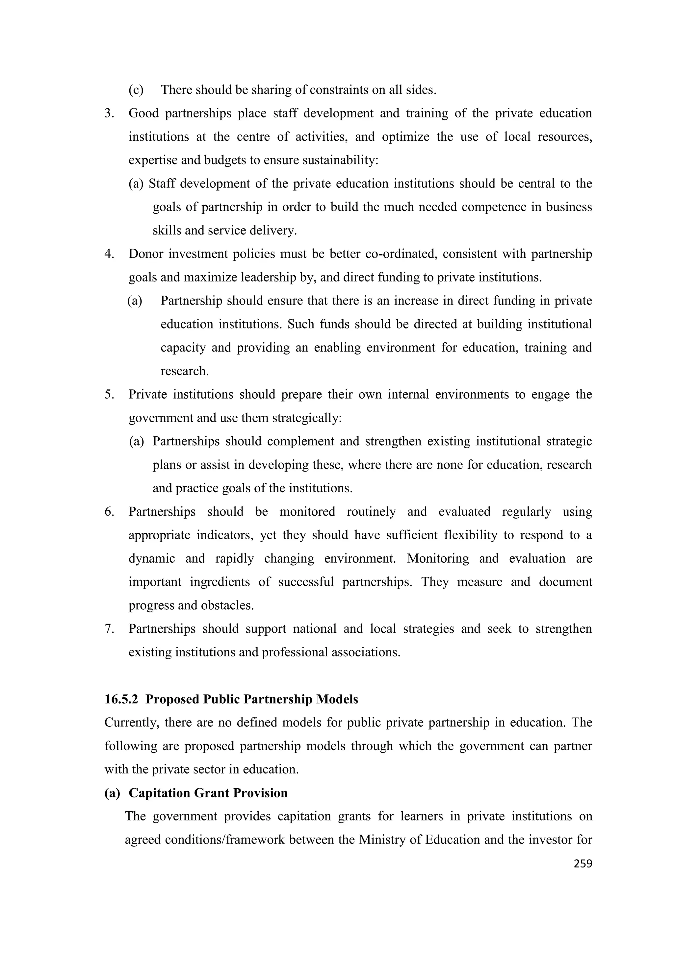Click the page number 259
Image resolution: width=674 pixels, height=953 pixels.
[x=583, y=864]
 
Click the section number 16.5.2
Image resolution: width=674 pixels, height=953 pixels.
[x=121, y=699]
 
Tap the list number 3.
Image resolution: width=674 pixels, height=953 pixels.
[x=109, y=113]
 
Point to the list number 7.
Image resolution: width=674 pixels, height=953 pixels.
[x=109, y=629]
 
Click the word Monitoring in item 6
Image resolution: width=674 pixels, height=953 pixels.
[x=438, y=559]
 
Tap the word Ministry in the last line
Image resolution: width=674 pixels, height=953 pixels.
[x=382, y=840]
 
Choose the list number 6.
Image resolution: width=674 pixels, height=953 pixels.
[x=109, y=512]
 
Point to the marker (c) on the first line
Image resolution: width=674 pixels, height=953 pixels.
[x=136, y=90]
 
